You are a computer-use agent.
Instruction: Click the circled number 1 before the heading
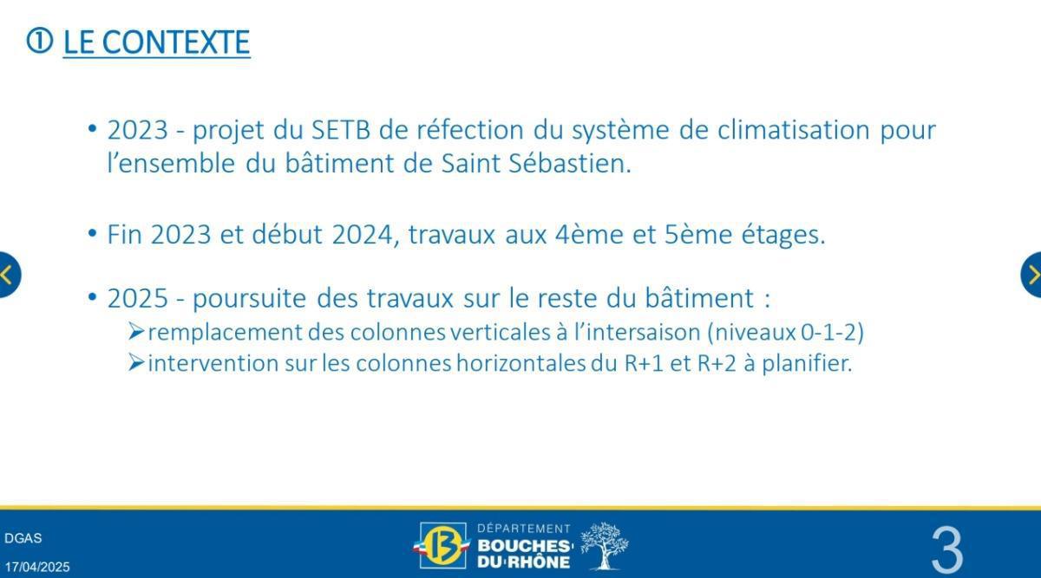point(40,41)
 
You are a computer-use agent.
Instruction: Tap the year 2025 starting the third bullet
point(137,298)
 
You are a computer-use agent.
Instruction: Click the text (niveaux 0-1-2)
point(786,332)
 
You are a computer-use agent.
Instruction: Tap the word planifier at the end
point(808,363)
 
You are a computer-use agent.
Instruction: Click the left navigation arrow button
point(7,275)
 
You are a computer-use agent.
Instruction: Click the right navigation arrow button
point(1032,275)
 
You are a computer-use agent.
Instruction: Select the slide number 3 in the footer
point(946,549)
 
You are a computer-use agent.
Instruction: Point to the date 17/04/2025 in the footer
point(37,568)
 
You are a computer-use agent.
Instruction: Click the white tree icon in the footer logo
point(604,546)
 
